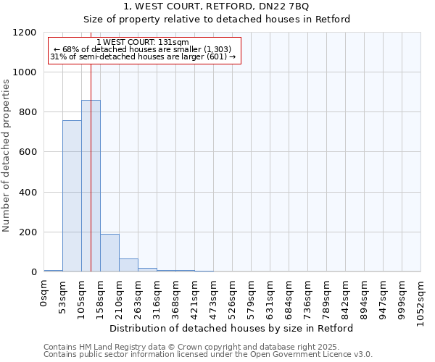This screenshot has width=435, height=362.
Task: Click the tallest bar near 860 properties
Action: [91, 186]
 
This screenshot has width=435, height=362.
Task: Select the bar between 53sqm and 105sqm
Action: [72, 196]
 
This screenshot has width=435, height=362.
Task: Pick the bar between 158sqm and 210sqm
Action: [109, 253]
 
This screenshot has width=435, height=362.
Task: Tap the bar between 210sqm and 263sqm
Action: [128, 265]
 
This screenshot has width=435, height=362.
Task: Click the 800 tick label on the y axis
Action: [28, 112]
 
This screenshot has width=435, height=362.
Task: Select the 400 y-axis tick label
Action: [28, 193]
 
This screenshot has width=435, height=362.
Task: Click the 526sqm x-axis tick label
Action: [233, 296]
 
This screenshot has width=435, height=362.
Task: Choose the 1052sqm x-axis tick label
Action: [421, 299]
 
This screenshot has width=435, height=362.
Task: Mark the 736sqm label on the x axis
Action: [308, 296]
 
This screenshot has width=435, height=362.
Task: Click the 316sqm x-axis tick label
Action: [157, 296]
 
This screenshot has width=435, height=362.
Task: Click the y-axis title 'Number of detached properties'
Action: [7, 156]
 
